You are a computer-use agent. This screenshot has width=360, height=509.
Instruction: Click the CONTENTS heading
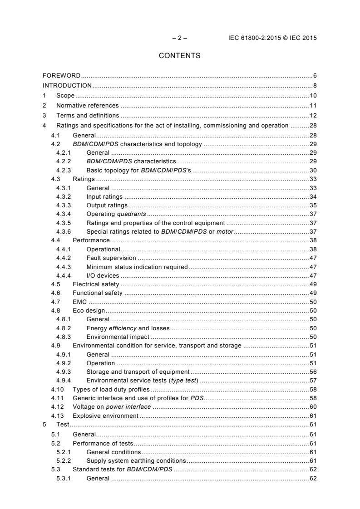tap(179, 56)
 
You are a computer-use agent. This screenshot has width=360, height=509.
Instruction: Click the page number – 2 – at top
tap(179, 38)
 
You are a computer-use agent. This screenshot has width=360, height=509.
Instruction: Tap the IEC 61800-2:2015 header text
tap(272, 38)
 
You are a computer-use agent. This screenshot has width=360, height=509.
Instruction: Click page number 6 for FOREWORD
tap(315, 75)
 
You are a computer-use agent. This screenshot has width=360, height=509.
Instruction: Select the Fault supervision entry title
tap(111, 258)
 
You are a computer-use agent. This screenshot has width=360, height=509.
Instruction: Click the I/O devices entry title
tap(103, 275)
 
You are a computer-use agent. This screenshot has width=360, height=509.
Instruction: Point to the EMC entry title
tap(79, 302)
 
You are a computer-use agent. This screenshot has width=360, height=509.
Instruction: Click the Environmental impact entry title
tap(118, 337)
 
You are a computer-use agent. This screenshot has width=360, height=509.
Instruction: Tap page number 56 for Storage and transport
tap(313, 372)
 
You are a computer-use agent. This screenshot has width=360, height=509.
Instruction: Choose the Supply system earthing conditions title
tap(136, 460)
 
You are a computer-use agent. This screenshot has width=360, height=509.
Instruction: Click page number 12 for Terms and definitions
tap(313, 115)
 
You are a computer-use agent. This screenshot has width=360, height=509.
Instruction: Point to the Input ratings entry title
tap(104, 197)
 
